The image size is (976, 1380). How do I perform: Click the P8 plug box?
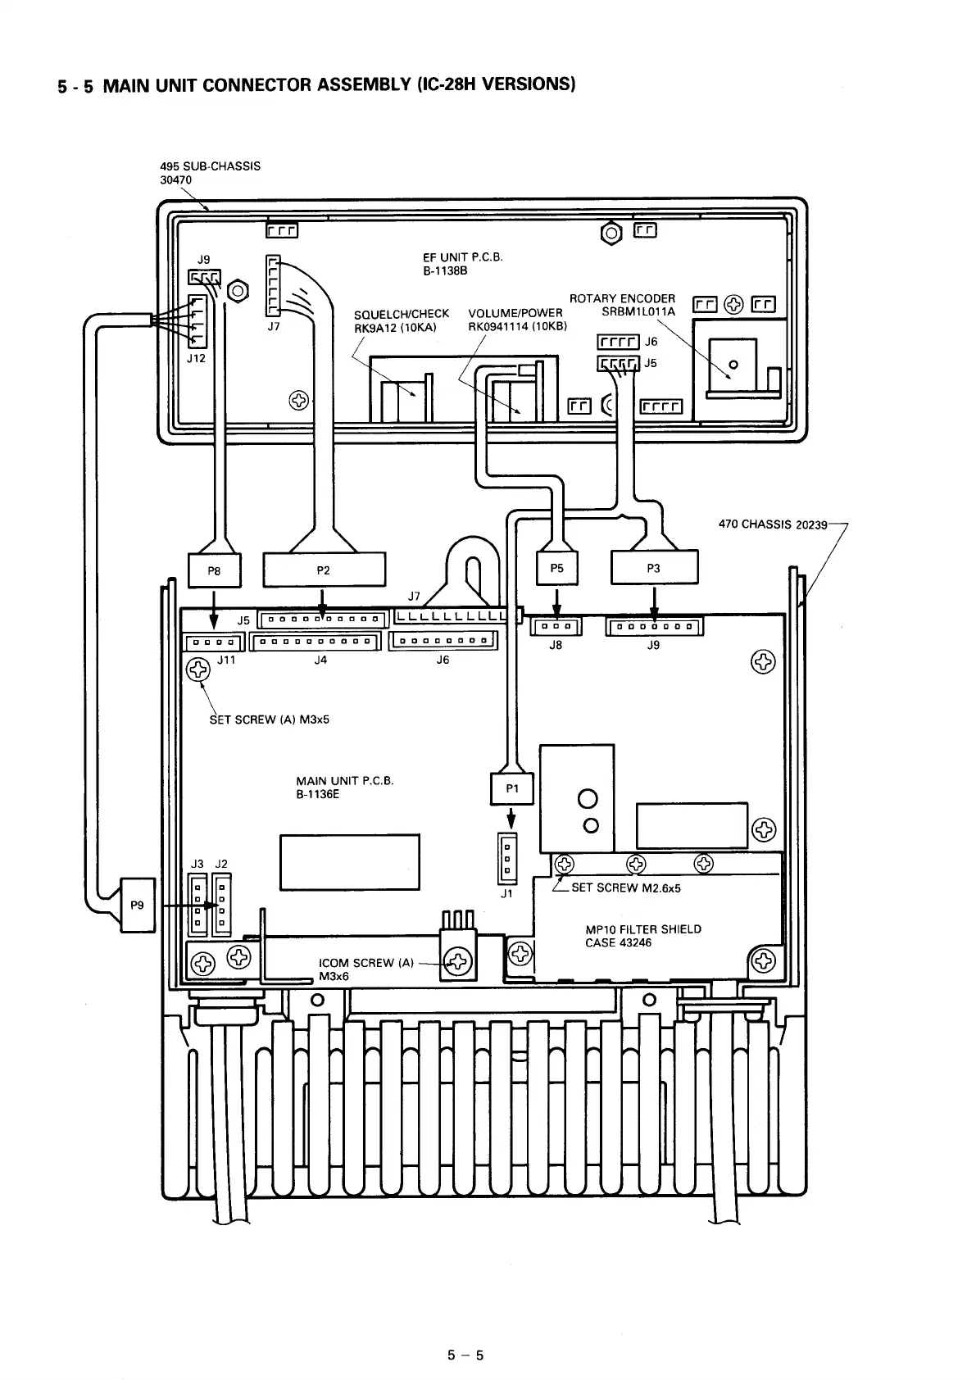coord(214,571)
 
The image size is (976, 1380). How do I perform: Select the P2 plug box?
coord(323,570)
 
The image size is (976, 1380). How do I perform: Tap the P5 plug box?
coord(556,568)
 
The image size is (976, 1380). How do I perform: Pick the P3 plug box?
coord(654,568)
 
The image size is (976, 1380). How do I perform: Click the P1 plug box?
coord(512,788)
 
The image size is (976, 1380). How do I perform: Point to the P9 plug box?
coord(137,905)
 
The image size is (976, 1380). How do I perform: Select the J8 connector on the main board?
coord(556,627)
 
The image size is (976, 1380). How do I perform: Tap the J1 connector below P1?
coord(507,858)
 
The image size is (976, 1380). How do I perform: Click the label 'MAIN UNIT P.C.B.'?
coord(344,781)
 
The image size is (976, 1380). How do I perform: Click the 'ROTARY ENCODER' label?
coord(622,299)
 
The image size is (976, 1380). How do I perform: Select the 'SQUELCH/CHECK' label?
coord(401,314)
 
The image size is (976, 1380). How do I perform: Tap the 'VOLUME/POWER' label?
coord(515,313)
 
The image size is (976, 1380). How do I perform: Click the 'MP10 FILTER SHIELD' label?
coord(642,929)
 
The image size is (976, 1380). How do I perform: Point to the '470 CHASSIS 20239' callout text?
coord(772,524)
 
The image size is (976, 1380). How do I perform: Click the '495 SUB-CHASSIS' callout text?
coord(210,166)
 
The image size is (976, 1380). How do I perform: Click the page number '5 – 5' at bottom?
coord(465,1355)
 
